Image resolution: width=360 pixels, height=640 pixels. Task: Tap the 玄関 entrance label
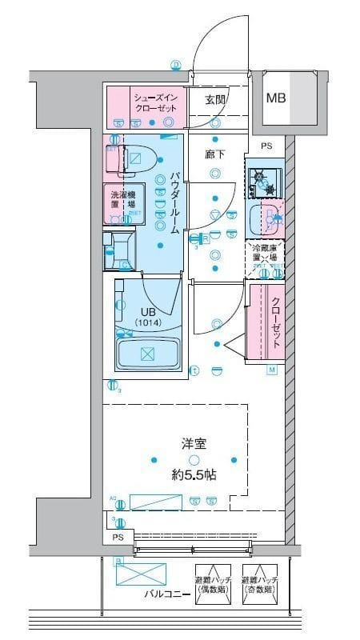point(214,100)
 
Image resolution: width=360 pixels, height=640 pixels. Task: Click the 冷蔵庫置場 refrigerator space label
point(264,254)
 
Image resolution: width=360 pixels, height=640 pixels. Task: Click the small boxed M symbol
point(271,370)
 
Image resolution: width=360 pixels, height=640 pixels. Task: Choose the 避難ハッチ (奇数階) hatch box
point(261,586)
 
